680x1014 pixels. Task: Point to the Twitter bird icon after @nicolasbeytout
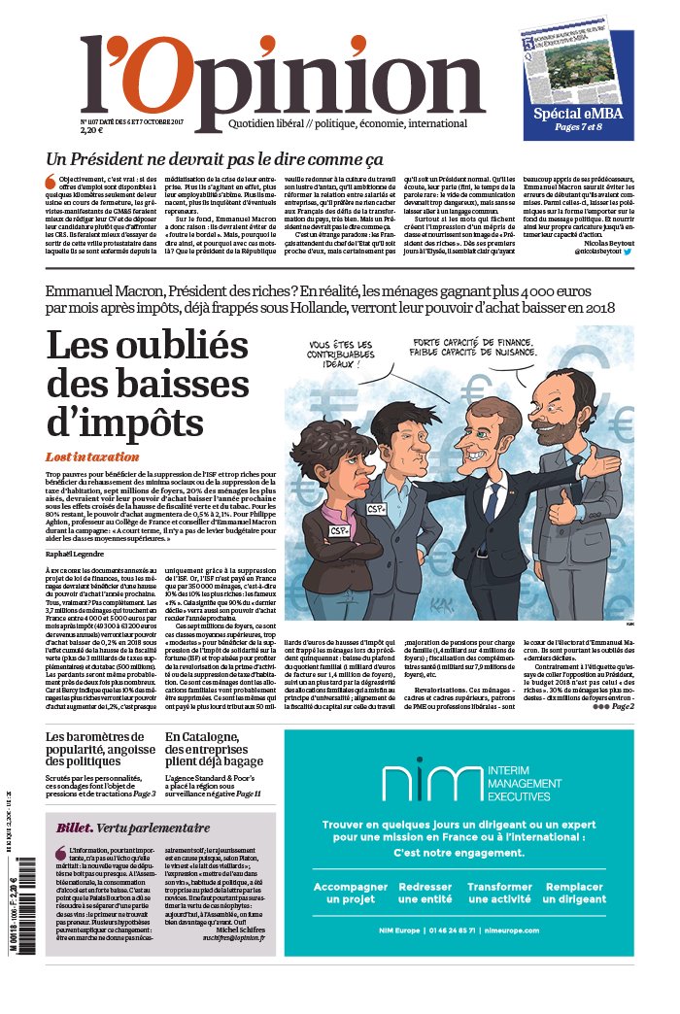[x=628, y=251]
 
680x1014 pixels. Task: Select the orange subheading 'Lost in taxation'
[x=92, y=456]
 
